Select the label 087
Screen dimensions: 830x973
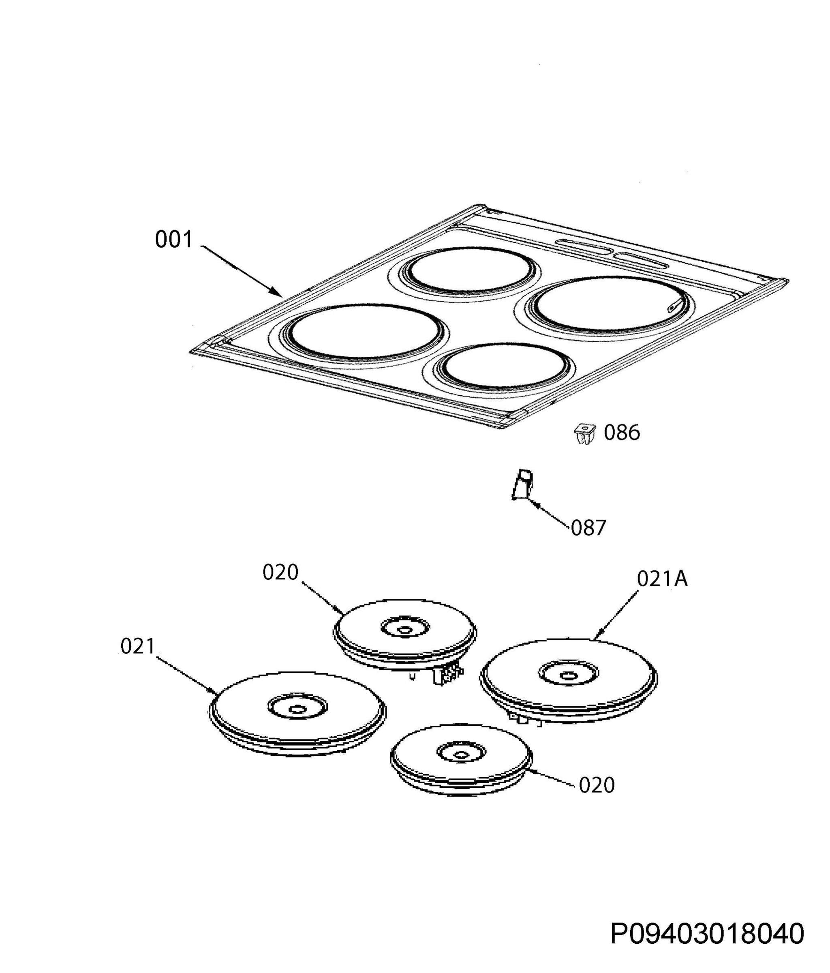coord(588,528)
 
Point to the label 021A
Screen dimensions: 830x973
coord(662,579)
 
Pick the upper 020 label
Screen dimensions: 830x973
coord(280,572)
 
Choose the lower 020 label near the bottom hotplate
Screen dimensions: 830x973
coord(597,785)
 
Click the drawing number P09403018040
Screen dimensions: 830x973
coord(707,934)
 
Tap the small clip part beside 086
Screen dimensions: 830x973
coord(585,433)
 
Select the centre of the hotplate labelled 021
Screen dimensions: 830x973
coord(297,709)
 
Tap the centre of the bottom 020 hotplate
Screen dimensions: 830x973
coord(462,754)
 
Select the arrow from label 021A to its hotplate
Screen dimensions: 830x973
coord(616,616)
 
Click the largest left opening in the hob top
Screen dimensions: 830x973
coord(364,332)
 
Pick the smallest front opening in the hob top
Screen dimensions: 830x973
coord(504,367)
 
